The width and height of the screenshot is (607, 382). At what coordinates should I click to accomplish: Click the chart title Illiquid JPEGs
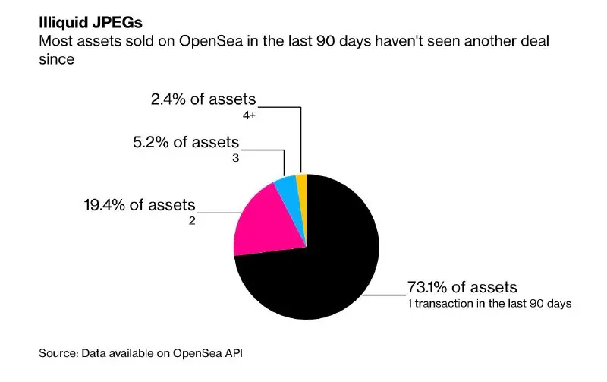90,23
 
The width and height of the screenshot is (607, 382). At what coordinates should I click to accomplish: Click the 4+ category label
250,115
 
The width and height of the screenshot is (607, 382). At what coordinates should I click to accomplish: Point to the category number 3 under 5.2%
235,158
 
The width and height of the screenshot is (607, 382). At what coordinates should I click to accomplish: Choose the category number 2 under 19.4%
192,221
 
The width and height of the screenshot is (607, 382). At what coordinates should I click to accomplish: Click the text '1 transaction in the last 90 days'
489,303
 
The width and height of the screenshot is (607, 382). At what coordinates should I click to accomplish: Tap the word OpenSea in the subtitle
211,41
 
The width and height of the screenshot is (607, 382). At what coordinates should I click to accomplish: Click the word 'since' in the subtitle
56,59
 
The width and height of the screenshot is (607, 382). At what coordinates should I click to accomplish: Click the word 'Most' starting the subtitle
55,41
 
